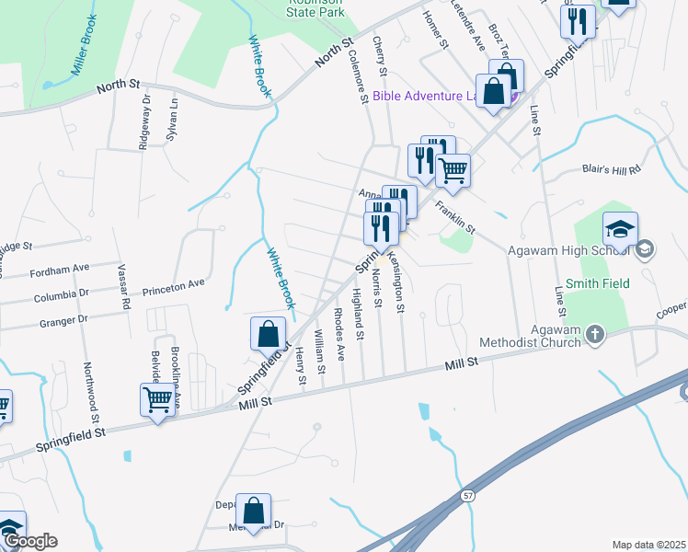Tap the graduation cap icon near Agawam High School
[x=621, y=228]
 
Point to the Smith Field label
[x=598, y=283]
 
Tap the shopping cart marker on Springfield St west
[x=157, y=400]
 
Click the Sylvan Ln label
[x=172, y=116]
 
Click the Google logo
[x=30, y=541]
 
